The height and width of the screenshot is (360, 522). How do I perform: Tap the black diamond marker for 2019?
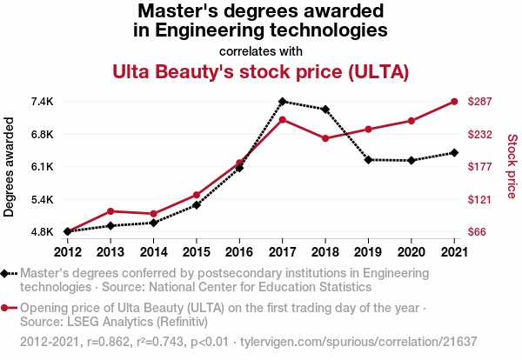[368, 160]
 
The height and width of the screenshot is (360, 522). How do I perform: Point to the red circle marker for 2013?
[110, 211]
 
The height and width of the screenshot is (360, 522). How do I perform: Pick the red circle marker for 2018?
[325, 138]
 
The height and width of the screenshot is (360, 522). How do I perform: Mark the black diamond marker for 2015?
[197, 205]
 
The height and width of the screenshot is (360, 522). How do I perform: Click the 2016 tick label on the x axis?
[239, 251]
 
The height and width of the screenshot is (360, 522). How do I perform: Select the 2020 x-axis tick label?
[411, 251]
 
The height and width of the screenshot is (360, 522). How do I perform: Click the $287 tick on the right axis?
[481, 102]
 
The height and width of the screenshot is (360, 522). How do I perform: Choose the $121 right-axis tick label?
[481, 199]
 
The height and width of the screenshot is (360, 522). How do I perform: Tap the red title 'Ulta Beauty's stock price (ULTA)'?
[261, 70]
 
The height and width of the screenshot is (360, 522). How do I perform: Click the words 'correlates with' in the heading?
[261, 50]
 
